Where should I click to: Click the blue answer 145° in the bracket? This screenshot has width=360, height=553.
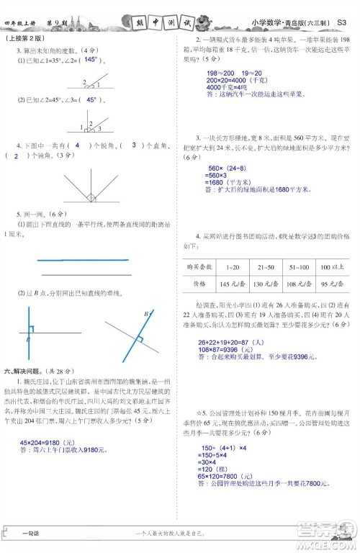[x=91, y=60]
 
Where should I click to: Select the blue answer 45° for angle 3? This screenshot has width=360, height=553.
[x=91, y=100]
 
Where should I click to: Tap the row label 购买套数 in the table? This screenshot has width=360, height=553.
[x=197, y=266]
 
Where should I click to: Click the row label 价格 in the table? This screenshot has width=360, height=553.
[x=197, y=284]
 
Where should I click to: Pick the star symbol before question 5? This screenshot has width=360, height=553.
[x=185, y=415]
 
